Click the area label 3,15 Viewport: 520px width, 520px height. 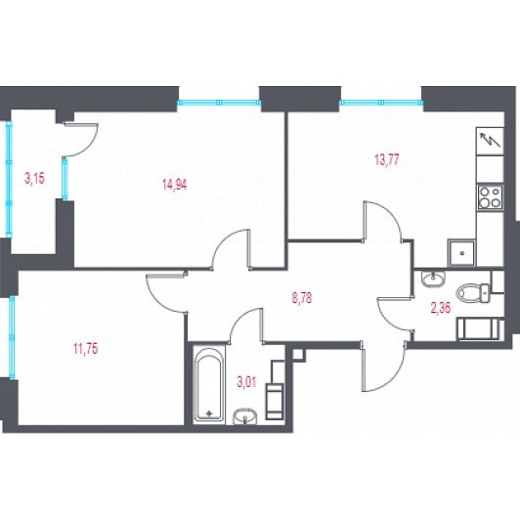point(34,179)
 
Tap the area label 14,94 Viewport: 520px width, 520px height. point(174,184)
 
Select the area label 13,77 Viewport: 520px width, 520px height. point(386,160)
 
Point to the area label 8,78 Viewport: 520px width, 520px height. point(302,298)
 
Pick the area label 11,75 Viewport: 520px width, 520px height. point(86,349)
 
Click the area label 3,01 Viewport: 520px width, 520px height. point(246,382)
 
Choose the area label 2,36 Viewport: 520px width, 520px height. point(441,308)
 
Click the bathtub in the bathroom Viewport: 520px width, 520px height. point(209,384)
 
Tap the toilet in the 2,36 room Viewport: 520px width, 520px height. point(473,293)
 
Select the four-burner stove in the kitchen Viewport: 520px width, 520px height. point(490,197)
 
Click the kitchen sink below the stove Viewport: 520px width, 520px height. point(461,253)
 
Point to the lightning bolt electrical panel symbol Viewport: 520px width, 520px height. point(490,142)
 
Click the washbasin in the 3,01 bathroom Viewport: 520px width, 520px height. point(244,416)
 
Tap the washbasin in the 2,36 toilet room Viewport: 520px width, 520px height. point(433,279)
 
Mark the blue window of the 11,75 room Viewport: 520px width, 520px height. point(12,337)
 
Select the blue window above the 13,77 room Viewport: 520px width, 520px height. point(382,103)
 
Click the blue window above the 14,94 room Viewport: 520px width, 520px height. point(219,103)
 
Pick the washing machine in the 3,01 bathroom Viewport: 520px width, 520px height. point(275,401)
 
